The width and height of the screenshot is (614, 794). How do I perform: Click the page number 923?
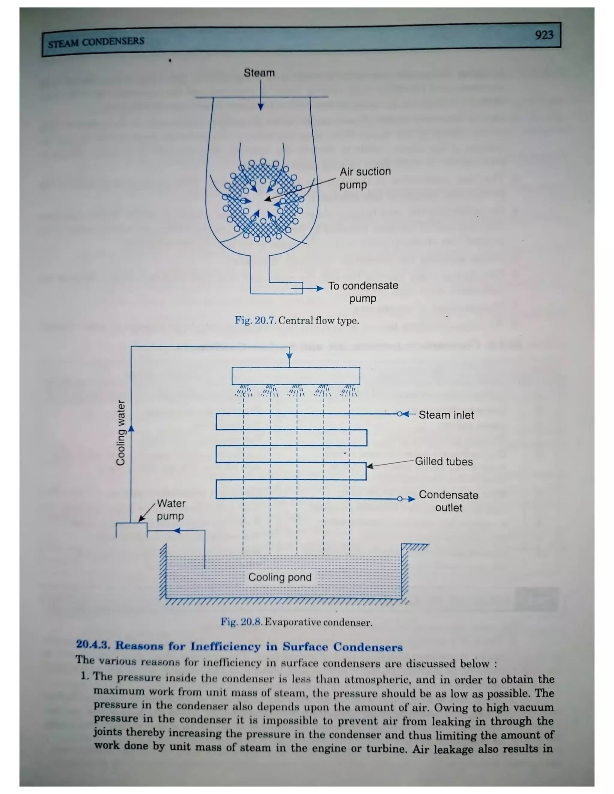coord(544,35)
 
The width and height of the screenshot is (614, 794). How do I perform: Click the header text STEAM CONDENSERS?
coord(96,42)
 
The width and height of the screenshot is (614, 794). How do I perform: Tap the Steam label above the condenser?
coord(259,73)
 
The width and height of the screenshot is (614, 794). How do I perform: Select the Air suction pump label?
coord(365,178)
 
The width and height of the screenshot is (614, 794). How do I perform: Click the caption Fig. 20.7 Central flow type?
coord(297,321)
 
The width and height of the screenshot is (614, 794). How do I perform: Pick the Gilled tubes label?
coord(444,462)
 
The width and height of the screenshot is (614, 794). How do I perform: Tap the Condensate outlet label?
coord(449,501)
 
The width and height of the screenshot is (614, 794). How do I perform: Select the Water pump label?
coord(171,510)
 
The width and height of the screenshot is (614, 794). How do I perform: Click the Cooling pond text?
coord(280,577)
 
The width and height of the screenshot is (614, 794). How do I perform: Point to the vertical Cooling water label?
coord(121,433)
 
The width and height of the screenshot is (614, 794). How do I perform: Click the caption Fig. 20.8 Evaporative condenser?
coord(297,622)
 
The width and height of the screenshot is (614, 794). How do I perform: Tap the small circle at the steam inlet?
coord(400,414)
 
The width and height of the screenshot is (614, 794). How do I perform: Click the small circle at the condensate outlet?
coord(400,499)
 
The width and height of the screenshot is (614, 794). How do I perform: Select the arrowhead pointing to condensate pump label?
coord(320,289)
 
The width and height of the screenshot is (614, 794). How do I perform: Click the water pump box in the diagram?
coord(131,530)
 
